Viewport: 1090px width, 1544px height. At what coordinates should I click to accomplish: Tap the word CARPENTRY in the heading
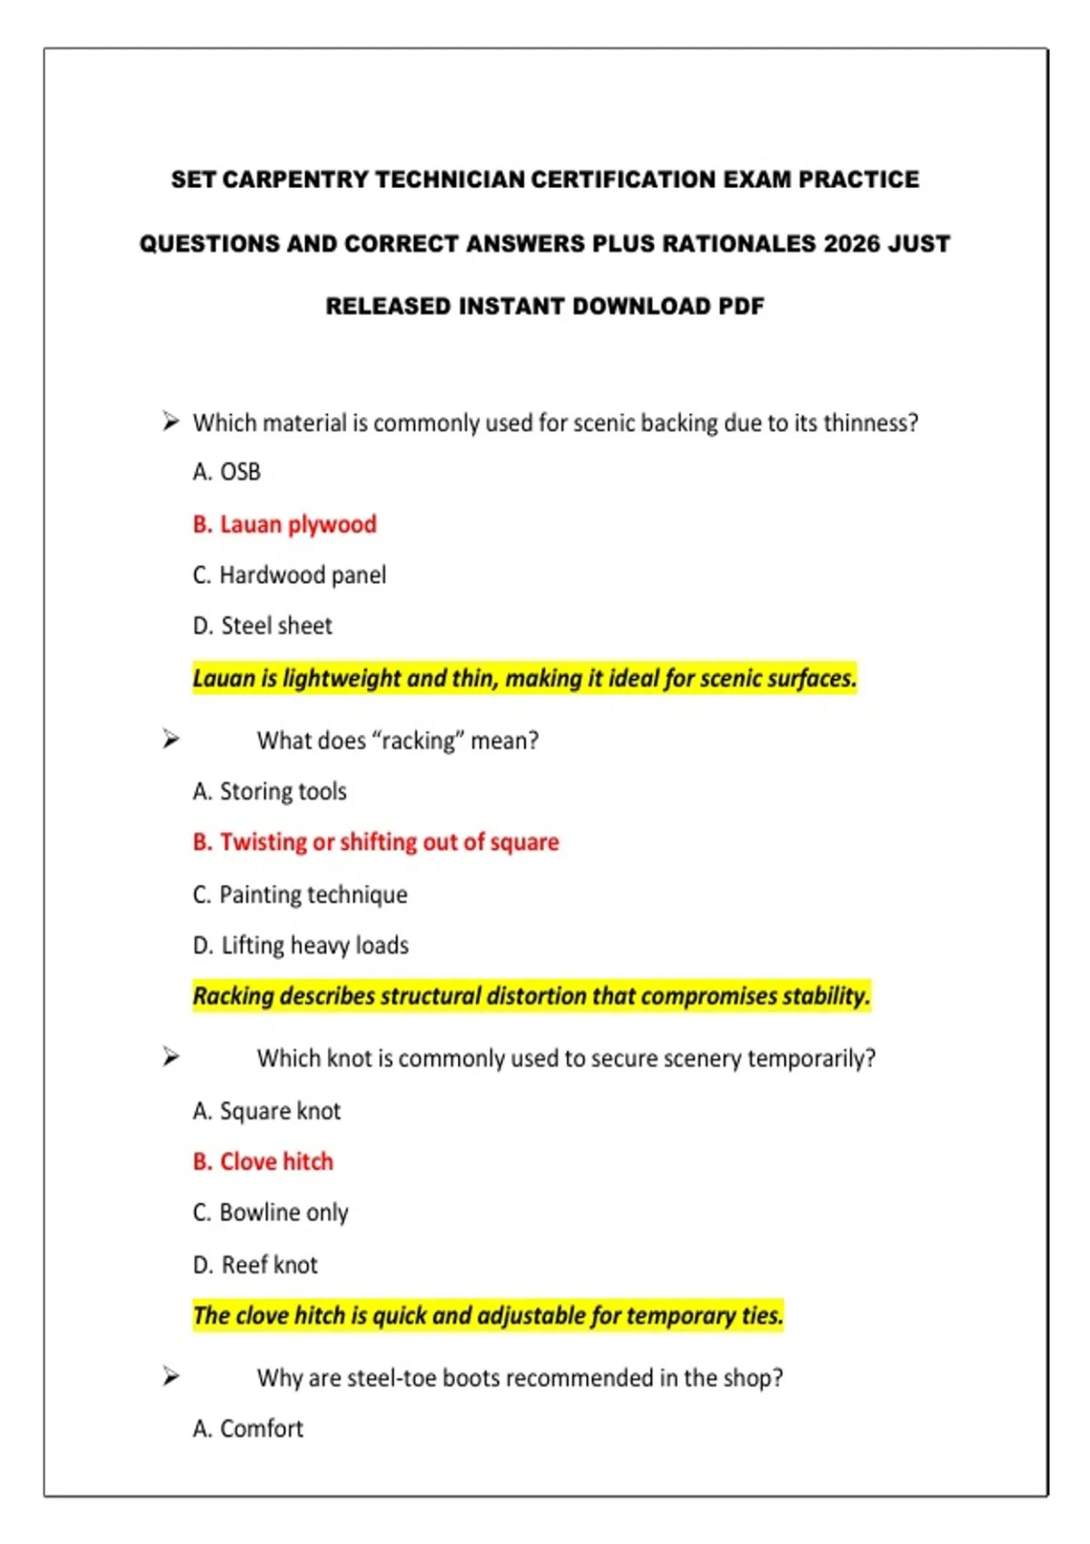tap(295, 179)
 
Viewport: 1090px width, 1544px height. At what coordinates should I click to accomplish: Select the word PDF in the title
tap(741, 306)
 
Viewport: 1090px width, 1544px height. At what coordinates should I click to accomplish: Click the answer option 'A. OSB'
tap(226, 472)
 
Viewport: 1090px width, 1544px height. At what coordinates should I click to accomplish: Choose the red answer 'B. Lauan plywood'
tap(284, 524)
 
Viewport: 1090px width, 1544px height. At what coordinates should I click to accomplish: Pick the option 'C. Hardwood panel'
tap(289, 575)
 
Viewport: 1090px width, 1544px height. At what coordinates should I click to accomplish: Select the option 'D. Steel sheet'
tap(263, 626)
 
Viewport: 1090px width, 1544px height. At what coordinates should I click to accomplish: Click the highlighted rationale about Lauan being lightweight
tap(524, 678)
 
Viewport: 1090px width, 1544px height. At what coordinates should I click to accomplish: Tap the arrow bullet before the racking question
tap(171, 739)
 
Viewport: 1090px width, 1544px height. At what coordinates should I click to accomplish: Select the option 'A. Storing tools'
tap(270, 792)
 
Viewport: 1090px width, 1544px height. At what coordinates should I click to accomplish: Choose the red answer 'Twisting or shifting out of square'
tap(389, 842)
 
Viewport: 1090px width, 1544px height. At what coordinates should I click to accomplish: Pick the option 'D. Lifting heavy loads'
tap(301, 945)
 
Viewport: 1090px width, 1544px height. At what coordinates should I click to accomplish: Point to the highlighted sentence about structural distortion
tap(531, 996)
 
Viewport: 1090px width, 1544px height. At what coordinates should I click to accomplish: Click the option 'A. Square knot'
tap(266, 1111)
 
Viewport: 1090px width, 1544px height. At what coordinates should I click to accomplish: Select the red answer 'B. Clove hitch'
tap(263, 1162)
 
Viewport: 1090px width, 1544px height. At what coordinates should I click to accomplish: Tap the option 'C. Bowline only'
tap(270, 1212)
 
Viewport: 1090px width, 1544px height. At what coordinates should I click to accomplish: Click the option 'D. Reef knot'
tap(255, 1264)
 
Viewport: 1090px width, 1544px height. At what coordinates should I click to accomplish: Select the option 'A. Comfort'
tap(248, 1429)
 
